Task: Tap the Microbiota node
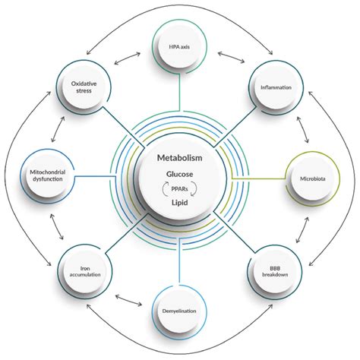click(x=309, y=179)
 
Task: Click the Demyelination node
click(x=179, y=311)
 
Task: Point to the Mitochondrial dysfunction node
click(x=47, y=179)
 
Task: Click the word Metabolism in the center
click(x=179, y=158)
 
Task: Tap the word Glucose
click(x=179, y=174)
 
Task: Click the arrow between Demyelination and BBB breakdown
click(x=229, y=300)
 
